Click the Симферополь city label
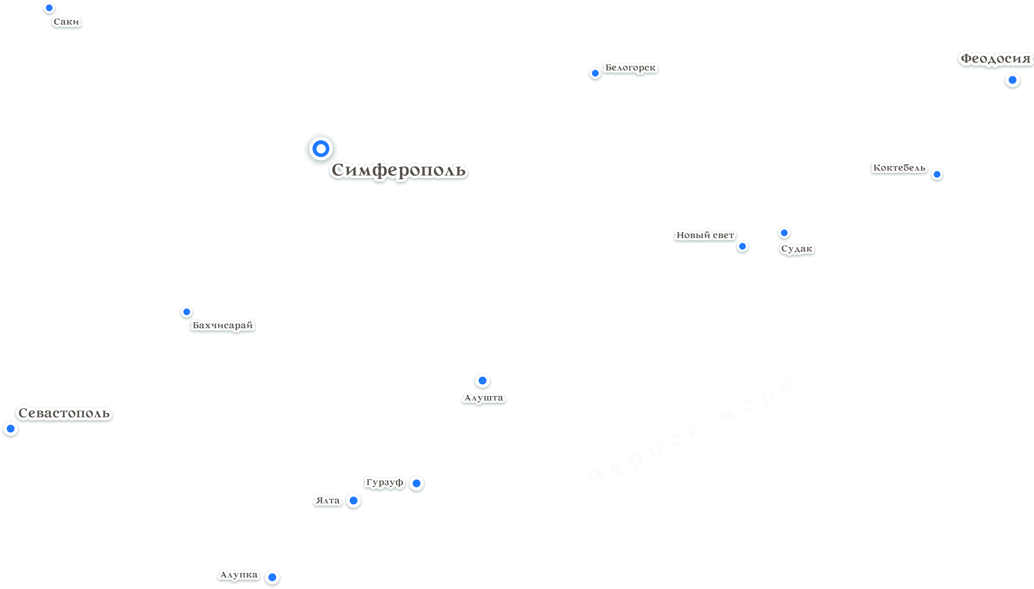point(398,170)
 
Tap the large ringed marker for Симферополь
point(321,149)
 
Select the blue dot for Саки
point(49,8)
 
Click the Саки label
point(66,22)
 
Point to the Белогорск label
point(630,67)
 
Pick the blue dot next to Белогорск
point(595,73)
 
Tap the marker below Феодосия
point(1012,80)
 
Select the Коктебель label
point(899,168)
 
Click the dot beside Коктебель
point(937,174)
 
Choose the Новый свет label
point(705,235)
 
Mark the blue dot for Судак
point(784,233)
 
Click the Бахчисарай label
point(222,325)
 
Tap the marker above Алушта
point(482,380)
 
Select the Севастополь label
point(64,413)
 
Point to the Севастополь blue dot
point(10,428)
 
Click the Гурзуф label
point(384,482)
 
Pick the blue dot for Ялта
point(353,500)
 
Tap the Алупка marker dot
point(272,577)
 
